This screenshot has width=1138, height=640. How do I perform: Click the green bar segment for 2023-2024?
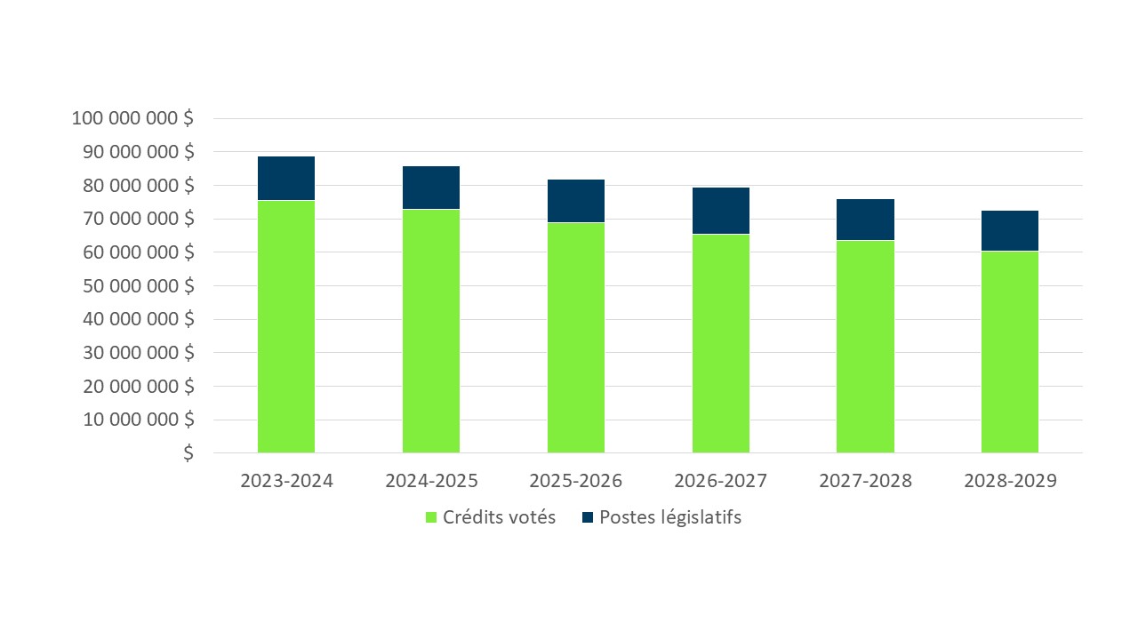pyautogui.click(x=285, y=326)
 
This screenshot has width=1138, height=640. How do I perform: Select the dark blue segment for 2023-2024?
pyautogui.click(x=285, y=179)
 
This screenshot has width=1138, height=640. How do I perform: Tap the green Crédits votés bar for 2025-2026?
pyautogui.click(x=575, y=338)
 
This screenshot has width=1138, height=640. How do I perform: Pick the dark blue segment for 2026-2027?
pyautogui.click(x=720, y=211)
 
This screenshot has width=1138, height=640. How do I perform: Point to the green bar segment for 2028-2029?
pyautogui.click(x=1009, y=352)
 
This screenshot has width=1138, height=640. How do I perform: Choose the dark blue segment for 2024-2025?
pyautogui.click(x=431, y=188)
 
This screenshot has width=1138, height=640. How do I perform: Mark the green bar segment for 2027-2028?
pyautogui.click(x=865, y=347)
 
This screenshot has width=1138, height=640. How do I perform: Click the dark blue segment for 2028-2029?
pyautogui.click(x=1009, y=231)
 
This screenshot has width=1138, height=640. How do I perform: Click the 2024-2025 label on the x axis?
pyautogui.click(x=431, y=481)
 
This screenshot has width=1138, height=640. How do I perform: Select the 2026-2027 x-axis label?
pyautogui.click(x=720, y=481)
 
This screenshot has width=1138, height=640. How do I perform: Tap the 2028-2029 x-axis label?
pyautogui.click(x=1009, y=481)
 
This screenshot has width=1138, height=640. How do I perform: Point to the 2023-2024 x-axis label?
pyautogui.click(x=286, y=481)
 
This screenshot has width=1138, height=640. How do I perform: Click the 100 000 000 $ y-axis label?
pyautogui.click(x=132, y=118)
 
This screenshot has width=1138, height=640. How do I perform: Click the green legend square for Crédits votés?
pyautogui.click(x=432, y=517)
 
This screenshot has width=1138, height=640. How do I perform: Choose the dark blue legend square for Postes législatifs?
pyautogui.click(x=587, y=517)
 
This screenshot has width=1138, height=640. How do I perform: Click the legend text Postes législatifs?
pyautogui.click(x=670, y=517)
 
